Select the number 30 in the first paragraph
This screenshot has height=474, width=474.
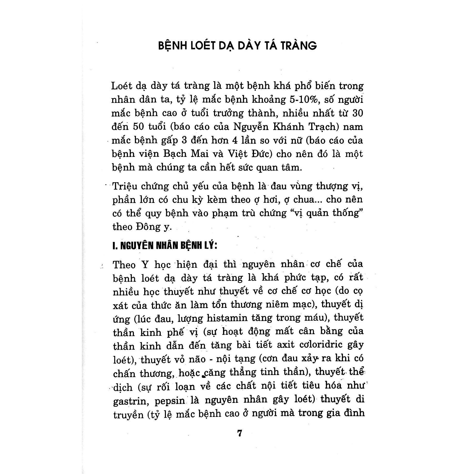[x=357, y=113]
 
